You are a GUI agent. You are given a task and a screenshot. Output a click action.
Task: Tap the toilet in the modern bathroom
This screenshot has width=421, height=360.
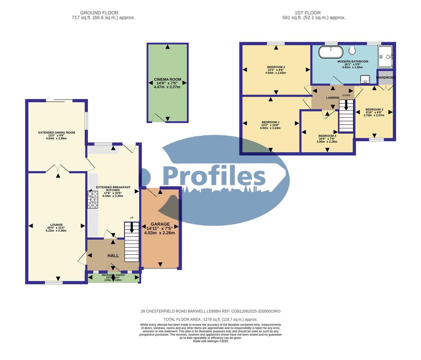[352, 50]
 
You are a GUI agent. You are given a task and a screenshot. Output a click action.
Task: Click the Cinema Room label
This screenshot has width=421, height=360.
[168, 80]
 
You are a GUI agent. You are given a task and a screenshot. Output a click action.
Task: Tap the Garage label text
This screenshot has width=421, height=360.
[160, 224]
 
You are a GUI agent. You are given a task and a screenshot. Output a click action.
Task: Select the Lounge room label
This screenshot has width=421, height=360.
[57, 225]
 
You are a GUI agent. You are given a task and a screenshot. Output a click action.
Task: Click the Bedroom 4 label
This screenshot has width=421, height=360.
[327, 136]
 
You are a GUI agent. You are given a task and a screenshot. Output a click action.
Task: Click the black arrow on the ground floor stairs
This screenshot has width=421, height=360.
[132, 227]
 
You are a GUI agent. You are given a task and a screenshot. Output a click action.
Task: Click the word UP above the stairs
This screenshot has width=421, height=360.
[132, 218]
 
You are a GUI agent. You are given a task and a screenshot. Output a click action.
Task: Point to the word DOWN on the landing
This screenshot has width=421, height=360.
[346, 95]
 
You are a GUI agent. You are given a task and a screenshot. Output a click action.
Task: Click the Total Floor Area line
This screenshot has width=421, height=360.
[210, 319]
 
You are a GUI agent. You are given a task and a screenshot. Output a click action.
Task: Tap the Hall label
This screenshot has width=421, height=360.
[113, 256]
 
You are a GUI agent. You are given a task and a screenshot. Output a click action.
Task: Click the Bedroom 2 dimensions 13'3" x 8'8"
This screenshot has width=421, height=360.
[276, 70]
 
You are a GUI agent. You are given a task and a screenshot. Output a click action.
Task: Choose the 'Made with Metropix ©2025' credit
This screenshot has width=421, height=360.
[210, 341]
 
